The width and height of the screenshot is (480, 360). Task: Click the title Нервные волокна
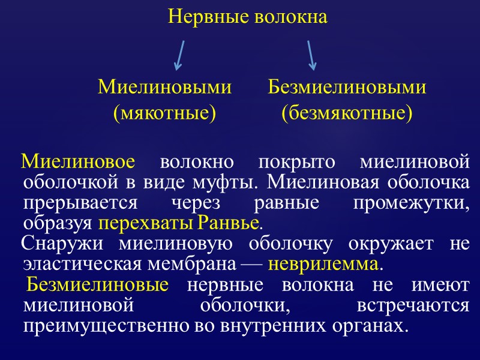click(248, 17)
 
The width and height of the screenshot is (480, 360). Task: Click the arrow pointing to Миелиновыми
click(179, 55)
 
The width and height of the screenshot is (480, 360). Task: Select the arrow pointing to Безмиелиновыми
click(311, 55)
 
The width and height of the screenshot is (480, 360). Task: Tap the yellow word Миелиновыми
click(164, 88)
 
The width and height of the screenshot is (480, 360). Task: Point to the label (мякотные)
click(164, 112)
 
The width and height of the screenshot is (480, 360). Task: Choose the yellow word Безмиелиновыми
click(347, 88)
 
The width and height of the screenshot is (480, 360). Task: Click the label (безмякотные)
click(347, 112)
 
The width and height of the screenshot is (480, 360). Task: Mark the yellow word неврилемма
click(323, 264)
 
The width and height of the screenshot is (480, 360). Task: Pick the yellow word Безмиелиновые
click(97, 284)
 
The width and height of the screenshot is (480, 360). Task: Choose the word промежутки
click(411, 203)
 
